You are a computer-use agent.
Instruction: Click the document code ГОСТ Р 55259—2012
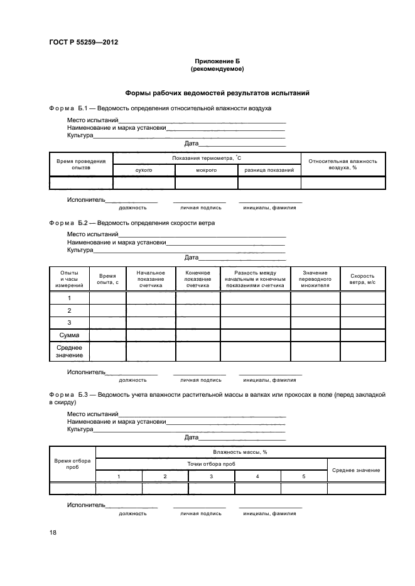[x=84, y=43]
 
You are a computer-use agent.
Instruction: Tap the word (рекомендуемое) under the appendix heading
[x=217, y=69]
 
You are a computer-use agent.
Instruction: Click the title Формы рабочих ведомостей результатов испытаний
[x=217, y=93]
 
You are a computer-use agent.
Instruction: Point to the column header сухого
[x=144, y=170]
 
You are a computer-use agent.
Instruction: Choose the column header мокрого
[x=206, y=170]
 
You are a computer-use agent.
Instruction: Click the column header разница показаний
[x=269, y=170]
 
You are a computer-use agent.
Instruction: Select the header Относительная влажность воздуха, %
[x=343, y=164]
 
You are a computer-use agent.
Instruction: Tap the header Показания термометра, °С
[x=207, y=158]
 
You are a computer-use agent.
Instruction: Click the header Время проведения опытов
[x=81, y=164]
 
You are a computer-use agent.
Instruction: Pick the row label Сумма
[x=69, y=335]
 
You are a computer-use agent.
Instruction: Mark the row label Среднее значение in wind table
[x=69, y=351]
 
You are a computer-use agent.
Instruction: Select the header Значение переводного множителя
[x=315, y=279]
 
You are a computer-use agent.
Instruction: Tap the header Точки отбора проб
[x=211, y=464]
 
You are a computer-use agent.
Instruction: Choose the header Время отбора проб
[x=72, y=464]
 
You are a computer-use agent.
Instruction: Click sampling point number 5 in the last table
[x=304, y=477]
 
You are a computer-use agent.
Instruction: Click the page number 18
[x=53, y=532]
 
